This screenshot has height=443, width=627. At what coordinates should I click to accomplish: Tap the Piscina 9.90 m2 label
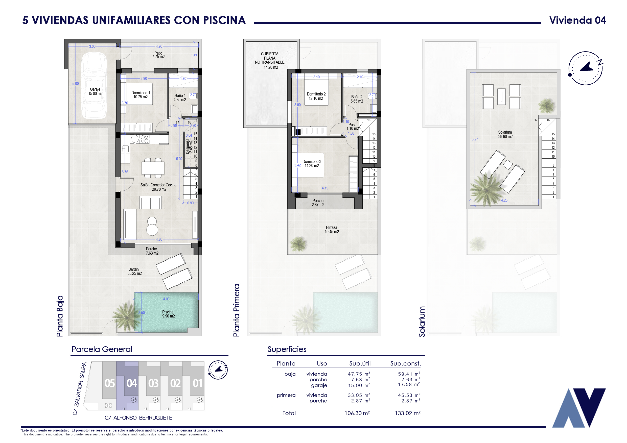tap(168, 314)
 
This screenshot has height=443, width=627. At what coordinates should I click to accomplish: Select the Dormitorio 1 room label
tap(140, 95)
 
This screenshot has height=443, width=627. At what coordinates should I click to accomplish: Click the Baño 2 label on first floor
tap(357, 99)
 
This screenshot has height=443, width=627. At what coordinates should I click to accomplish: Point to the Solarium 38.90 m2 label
tap(505, 134)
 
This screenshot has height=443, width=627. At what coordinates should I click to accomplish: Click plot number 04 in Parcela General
tap(132, 383)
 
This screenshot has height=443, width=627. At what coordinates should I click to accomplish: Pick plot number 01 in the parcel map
tap(197, 383)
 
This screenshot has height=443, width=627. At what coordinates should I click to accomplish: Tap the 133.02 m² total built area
tap(407, 413)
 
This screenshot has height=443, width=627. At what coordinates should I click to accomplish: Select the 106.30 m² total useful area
tap(357, 413)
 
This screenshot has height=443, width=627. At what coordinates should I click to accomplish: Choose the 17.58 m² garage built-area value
tap(409, 384)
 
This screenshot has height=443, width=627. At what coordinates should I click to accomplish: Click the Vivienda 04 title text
tap(577, 20)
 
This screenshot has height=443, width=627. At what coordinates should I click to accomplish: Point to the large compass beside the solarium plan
tap(586, 68)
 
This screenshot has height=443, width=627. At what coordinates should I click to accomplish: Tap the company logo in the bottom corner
tap(579, 408)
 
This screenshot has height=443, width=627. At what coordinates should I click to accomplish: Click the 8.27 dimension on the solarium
tap(475, 139)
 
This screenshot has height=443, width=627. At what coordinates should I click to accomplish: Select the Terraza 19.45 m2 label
tap(332, 230)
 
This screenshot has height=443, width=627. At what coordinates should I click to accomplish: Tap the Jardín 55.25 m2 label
tap(134, 271)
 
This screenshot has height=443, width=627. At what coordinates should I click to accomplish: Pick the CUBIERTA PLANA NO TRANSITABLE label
tap(270, 60)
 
